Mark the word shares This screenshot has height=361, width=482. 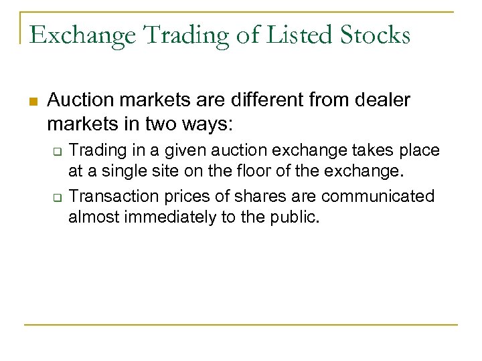pos(252,196)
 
